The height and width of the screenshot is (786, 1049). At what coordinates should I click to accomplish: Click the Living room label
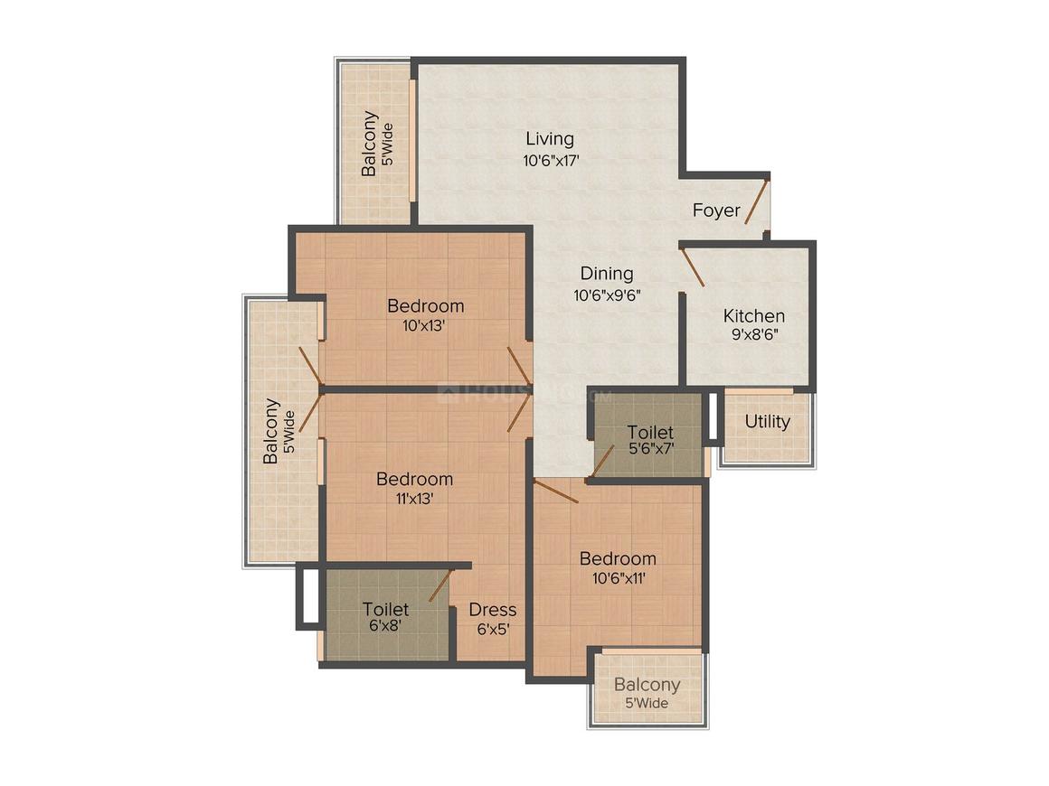(549, 139)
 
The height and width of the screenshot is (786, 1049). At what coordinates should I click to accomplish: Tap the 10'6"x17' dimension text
(551, 161)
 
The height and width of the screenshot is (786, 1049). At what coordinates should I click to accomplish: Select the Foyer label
(716, 211)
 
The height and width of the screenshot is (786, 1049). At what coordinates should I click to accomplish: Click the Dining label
(607, 274)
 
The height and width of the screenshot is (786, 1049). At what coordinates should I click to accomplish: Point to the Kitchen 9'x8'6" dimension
(754, 334)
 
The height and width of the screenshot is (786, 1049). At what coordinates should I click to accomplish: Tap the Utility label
(768, 422)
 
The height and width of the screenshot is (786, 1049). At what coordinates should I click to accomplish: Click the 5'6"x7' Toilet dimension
(651, 448)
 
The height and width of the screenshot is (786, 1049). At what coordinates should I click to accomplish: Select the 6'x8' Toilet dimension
(385, 625)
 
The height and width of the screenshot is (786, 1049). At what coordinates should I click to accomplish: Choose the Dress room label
(492, 610)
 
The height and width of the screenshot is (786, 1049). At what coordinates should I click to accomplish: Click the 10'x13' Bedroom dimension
(424, 326)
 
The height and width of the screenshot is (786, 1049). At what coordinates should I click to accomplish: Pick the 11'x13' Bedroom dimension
(415, 499)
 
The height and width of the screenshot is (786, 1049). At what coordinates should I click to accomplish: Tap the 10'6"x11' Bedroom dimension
(619, 578)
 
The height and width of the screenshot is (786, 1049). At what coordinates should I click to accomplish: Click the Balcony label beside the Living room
(369, 144)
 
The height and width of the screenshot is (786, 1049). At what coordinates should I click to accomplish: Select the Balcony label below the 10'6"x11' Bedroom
(647, 685)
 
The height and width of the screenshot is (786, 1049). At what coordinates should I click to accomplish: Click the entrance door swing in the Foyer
(757, 201)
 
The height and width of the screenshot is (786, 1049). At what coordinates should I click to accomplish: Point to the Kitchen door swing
(693, 267)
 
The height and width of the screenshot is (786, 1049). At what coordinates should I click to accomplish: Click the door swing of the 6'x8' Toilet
(441, 585)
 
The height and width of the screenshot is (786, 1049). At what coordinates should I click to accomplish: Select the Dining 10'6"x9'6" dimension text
(608, 295)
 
